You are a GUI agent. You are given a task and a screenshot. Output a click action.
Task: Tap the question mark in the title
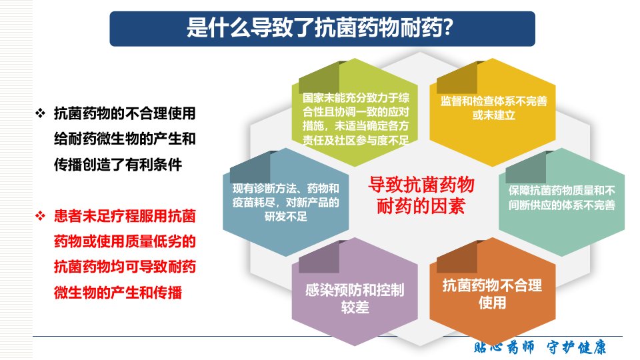[447, 28]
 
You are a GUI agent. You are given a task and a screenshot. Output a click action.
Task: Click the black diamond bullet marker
[41, 113]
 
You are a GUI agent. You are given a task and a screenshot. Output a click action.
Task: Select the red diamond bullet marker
[41, 215]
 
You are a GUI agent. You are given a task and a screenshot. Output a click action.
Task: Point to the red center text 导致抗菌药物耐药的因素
[421, 195]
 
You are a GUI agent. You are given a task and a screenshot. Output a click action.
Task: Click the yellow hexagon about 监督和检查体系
[493, 112]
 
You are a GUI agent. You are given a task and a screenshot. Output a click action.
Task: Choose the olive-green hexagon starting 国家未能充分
[355, 112]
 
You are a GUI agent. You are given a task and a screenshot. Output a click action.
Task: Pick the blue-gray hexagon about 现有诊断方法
[286, 201]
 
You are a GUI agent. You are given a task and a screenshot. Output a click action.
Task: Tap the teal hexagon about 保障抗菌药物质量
[561, 201]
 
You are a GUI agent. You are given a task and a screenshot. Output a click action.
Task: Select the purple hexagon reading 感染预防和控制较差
[355, 291]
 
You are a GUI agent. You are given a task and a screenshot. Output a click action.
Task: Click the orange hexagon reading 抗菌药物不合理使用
[493, 291]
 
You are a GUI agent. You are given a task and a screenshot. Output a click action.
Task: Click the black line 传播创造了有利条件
[118, 165]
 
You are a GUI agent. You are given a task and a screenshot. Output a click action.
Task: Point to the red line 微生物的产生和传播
[118, 292]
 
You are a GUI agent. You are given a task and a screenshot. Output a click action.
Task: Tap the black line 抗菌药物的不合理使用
[125, 113]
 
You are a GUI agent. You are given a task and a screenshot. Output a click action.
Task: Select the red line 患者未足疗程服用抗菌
[125, 216]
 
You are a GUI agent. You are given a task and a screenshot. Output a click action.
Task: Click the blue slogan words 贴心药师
[504, 347]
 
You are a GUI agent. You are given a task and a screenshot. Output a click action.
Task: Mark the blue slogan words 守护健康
[576, 347]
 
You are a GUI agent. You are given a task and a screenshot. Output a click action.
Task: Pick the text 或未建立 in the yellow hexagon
[493, 115]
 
